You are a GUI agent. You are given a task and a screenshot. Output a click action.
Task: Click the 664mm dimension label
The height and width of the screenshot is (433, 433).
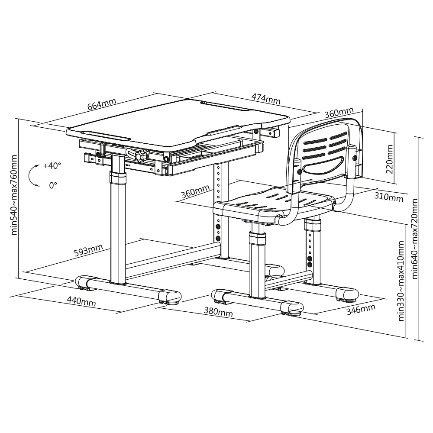[102, 104]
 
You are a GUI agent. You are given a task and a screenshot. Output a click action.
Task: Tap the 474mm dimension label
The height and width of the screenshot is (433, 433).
[266, 99]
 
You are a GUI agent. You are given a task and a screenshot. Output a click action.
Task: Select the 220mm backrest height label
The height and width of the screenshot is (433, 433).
[389, 159]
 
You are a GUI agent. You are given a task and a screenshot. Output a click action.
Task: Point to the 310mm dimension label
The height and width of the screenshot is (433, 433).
[389, 197]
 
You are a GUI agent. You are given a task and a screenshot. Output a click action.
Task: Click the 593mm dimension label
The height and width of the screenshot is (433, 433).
[88, 250]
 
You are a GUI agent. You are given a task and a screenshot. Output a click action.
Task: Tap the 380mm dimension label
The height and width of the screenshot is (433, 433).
[218, 312]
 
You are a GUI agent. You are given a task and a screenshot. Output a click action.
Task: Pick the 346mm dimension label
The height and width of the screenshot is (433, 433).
[361, 310]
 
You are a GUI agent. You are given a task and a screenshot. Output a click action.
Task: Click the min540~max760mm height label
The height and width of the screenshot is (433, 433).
[14, 195]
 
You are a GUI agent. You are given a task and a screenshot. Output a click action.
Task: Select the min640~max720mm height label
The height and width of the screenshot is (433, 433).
[414, 239]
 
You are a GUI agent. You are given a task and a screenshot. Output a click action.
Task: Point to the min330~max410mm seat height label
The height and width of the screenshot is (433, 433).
[401, 281]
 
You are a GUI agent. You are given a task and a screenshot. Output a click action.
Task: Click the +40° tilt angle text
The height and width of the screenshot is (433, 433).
[52, 166]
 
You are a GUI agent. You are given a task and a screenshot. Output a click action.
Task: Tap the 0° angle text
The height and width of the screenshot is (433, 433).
[53, 185]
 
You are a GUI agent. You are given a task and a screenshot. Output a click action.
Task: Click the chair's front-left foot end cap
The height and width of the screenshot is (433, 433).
[220, 296]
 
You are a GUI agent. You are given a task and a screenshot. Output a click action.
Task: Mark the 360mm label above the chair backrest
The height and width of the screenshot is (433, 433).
[339, 113]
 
